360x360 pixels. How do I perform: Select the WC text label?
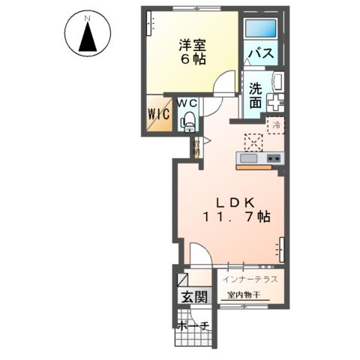point(187,102)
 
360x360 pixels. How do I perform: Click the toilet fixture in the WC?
point(188,118)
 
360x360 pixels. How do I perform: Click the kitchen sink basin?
point(248,157)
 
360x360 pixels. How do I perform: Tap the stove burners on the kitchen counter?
point(272,157)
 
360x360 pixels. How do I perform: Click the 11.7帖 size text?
point(236,217)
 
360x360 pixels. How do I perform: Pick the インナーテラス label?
point(250,279)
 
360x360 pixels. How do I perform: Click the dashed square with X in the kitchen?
point(254,139)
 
